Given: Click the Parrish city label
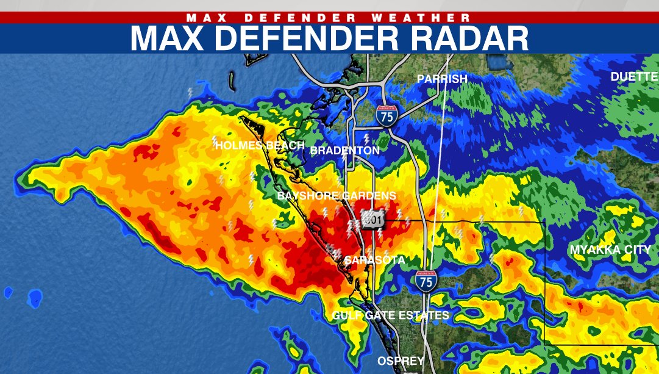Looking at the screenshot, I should click(x=442, y=79).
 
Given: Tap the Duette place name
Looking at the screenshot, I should click(x=634, y=77).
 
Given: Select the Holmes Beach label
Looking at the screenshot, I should click(x=260, y=145).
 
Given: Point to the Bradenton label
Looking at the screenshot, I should click(x=345, y=150).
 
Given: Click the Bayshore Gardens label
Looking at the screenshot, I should click(x=337, y=196).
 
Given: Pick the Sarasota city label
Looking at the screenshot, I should click(x=374, y=261).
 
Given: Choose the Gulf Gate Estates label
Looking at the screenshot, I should click(x=391, y=315).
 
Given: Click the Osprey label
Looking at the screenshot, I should click(x=401, y=361).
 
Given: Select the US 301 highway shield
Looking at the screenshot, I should click(x=373, y=220).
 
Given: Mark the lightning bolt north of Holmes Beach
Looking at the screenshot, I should click(x=190, y=93).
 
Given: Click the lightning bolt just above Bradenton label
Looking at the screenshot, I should click(x=366, y=138).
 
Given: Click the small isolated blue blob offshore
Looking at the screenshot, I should click(x=36, y=298).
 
